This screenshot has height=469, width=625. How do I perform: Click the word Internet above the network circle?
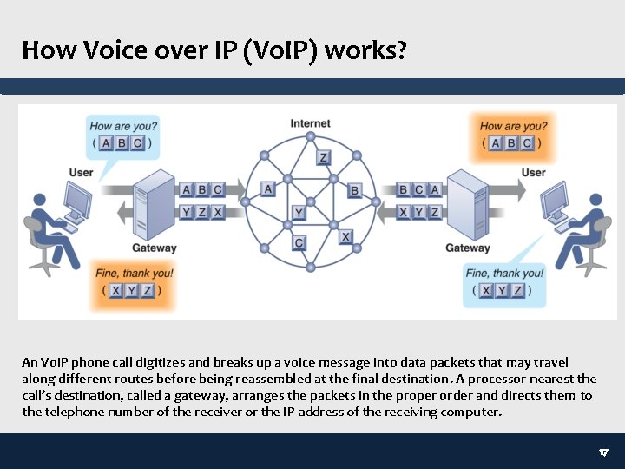tap(310, 123)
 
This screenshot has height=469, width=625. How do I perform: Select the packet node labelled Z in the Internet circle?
tap(323, 157)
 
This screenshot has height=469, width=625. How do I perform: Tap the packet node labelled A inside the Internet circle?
tap(268, 188)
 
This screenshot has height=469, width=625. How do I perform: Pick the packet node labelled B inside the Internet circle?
tap(354, 190)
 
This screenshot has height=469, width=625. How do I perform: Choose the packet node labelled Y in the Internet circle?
tap(299, 212)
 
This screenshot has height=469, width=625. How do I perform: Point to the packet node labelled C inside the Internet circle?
tap(299, 243)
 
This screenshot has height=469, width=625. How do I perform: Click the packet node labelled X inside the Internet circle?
tap(345, 236)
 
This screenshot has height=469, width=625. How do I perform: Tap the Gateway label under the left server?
tap(154, 248)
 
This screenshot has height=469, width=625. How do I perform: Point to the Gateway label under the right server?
tap(467, 248)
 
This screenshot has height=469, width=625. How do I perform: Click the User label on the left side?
tap(81, 173)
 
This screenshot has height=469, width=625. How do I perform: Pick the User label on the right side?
tap(533, 172)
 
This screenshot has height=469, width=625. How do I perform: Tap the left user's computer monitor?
tap(77, 203)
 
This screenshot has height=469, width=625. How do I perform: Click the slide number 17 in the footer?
tap(604, 453)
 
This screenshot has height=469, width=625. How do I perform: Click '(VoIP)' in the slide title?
tap(277, 50)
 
